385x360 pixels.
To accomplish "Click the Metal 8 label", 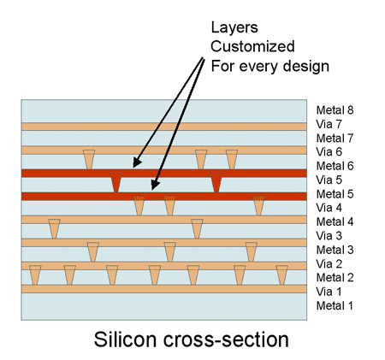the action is click(x=335, y=110).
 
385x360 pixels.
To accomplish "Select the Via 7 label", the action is click(x=329, y=124).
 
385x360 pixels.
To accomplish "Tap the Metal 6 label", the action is click(x=335, y=166).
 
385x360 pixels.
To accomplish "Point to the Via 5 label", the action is click(x=329, y=180).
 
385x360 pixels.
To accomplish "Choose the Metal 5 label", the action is click(x=335, y=194).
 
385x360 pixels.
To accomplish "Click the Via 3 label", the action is click(x=329, y=236).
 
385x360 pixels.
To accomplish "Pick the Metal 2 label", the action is click(x=335, y=278).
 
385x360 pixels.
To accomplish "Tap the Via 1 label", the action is click(x=329, y=292).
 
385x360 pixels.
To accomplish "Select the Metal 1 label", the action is click(x=335, y=306).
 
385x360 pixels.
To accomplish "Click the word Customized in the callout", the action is click(x=252, y=46).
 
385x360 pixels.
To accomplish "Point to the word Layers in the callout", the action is click(x=234, y=28).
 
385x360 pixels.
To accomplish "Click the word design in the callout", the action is click(x=306, y=66).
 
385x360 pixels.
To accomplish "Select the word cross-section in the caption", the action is click(x=226, y=339).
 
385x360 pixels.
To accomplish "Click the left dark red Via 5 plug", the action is click(x=116, y=182).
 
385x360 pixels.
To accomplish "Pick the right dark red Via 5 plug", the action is click(x=216, y=182).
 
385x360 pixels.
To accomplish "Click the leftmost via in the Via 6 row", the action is click(x=89, y=159).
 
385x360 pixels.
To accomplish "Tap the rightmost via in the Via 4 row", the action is click(x=258, y=206).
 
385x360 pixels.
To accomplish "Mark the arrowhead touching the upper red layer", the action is click(x=137, y=162).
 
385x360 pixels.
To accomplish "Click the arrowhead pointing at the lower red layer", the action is click(x=155, y=185).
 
